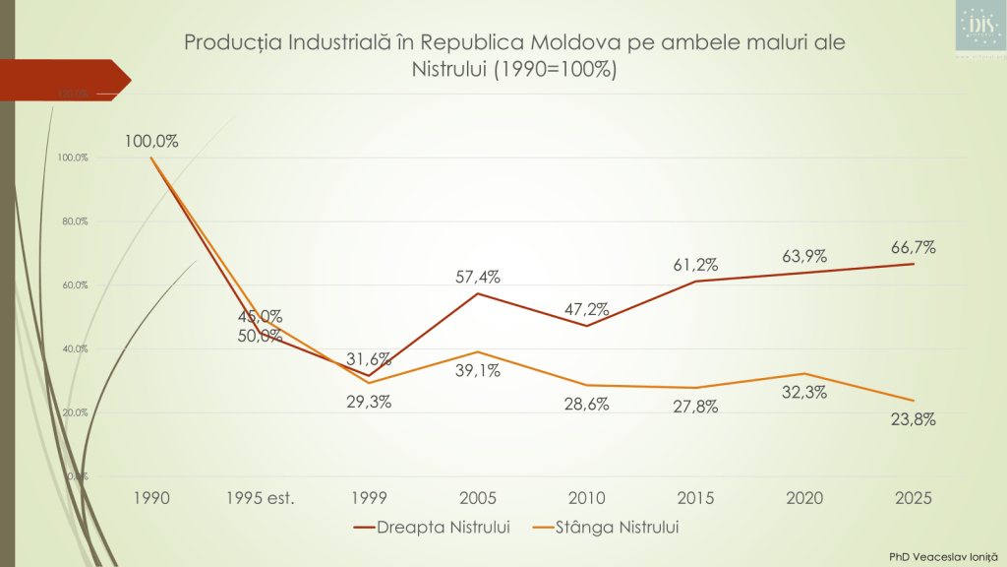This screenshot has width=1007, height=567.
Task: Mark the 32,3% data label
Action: click(x=805, y=392)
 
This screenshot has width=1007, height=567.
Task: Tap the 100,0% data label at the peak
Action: click(x=151, y=141)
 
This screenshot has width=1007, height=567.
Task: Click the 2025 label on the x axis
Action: click(x=915, y=498)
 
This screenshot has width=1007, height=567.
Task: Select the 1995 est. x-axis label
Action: click(x=261, y=498)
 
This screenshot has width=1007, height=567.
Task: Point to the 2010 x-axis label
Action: click(x=588, y=498)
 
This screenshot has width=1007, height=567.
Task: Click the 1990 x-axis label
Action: click(x=151, y=498)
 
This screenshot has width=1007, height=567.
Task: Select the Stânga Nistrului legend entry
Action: click(x=604, y=528)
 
